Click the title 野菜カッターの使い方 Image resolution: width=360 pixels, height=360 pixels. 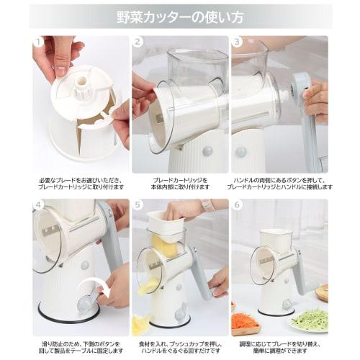pos(179,15)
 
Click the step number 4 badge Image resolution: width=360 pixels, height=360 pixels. pos(38,206)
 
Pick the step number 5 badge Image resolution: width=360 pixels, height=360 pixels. pos(138,206)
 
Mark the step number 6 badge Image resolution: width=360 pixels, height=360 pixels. pos(237,206)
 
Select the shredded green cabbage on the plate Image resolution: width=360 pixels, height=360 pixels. pos(307,318)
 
